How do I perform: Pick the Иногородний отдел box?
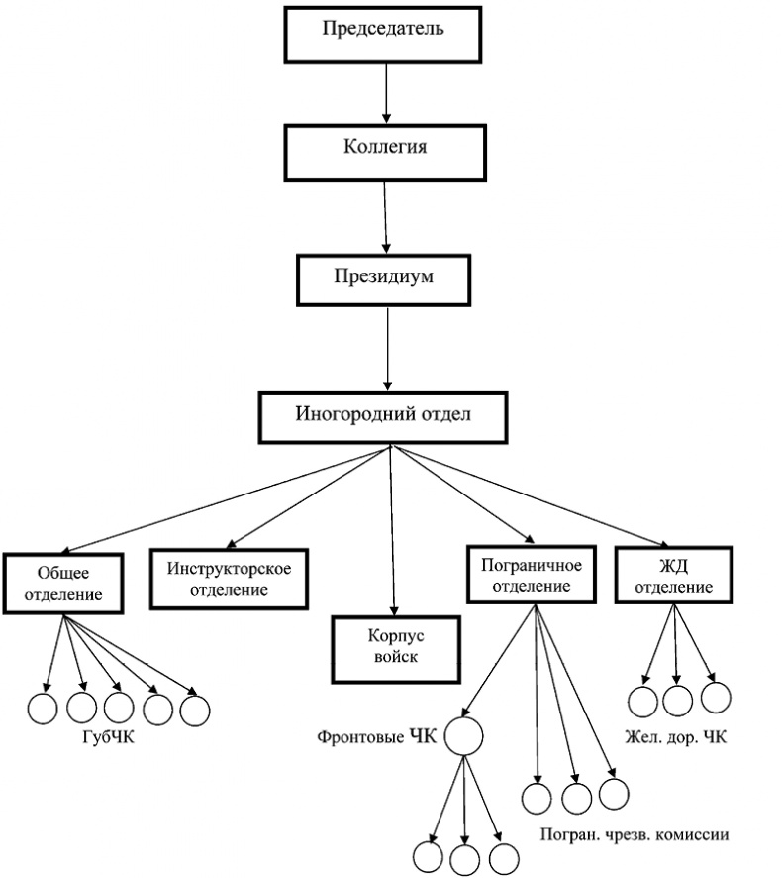384,415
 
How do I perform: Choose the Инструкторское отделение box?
228,580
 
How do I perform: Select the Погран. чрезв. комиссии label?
635,834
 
